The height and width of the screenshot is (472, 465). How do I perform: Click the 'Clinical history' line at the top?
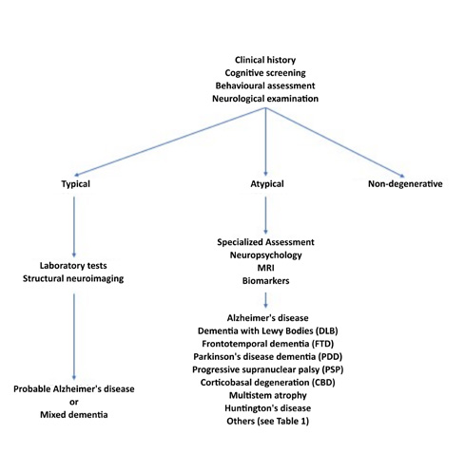265,60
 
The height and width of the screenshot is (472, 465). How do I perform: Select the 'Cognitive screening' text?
265,73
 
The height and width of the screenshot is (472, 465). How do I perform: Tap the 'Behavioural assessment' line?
265,85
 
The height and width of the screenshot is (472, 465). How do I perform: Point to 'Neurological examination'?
265,99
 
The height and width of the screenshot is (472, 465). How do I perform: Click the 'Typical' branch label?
75,184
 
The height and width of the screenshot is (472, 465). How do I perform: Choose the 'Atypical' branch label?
267,184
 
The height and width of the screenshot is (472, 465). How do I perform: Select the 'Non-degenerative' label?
405,184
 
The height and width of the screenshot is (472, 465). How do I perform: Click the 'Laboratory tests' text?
73,266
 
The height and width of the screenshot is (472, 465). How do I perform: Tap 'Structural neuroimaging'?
73,278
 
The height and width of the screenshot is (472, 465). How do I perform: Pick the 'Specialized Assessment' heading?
265,242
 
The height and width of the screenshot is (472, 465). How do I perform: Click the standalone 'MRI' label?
265,268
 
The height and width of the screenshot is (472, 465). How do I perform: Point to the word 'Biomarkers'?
265,281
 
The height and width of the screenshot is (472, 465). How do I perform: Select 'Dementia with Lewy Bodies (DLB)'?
268,331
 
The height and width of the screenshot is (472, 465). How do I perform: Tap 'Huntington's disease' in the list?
268,408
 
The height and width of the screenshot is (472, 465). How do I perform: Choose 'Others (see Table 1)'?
268,422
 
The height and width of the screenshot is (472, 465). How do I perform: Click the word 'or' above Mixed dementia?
74,403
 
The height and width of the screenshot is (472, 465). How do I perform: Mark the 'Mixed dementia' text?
74,415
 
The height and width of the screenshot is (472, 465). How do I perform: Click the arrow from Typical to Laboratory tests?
74,227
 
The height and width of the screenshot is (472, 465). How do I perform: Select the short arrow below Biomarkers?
265,300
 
